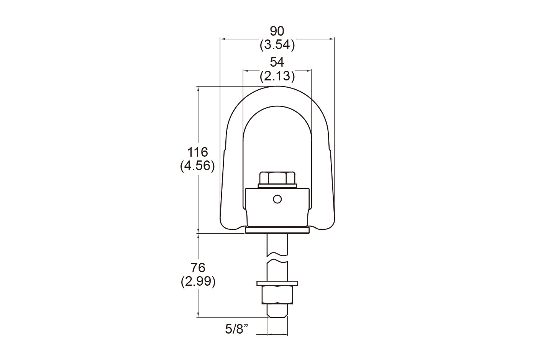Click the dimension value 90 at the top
[277, 31]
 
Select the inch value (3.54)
[277, 45]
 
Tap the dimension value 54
[277, 62]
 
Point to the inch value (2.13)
[277, 77]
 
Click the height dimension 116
[198, 152]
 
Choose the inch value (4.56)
[198, 167]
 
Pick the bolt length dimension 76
[198, 267]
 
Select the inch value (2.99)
[198, 282]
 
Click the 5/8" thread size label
[237, 329]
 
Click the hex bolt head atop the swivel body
[277, 178]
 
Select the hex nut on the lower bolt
[277, 294]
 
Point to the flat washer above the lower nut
[277, 283]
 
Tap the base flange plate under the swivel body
[277, 230]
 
